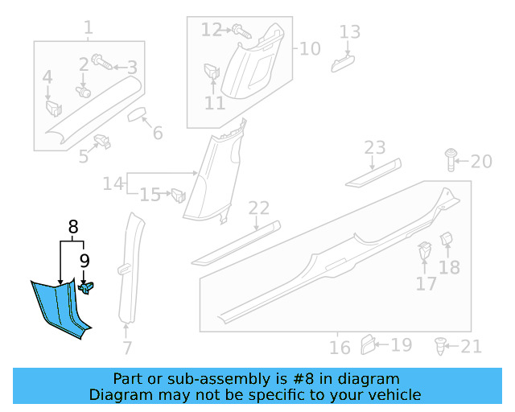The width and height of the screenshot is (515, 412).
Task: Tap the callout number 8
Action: click(72, 227)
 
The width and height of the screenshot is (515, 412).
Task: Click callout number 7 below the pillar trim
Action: click(126, 348)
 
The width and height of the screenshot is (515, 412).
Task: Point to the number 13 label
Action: click(349, 32)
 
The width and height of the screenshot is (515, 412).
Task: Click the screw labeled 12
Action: click(241, 31)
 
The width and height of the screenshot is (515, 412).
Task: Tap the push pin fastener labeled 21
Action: click(440, 346)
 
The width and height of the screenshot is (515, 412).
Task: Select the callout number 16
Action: click(340, 348)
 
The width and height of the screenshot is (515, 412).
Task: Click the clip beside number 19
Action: click(367, 344)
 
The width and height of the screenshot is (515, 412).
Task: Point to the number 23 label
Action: click(375, 147)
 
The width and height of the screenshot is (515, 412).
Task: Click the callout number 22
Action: click(258, 209)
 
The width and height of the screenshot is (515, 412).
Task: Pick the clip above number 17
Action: click(424, 252)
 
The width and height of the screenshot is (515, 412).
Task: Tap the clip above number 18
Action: click(447, 239)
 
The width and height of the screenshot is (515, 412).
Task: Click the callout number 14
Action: click(113, 184)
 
